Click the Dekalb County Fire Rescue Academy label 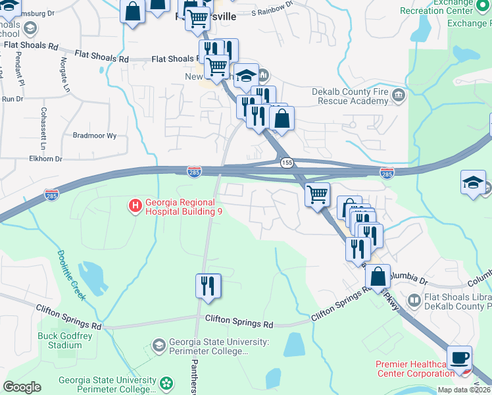tap(353, 96)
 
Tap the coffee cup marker tap(459, 358)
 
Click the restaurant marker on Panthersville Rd tap(209, 286)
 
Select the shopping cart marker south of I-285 tap(318, 195)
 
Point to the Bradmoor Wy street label tap(94, 136)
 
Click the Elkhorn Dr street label tap(47, 159)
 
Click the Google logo tap(22, 387)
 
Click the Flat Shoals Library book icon tap(414, 301)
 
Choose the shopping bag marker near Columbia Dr tap(378, 277)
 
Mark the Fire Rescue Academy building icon tap(398, 96)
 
